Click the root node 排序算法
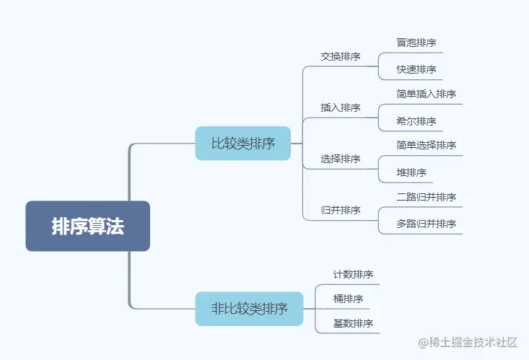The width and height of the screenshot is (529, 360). point(88,226)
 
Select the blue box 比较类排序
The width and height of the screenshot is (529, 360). point(242,143)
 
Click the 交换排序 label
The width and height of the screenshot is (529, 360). point(341,56)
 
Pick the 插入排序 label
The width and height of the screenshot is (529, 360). point(341,107)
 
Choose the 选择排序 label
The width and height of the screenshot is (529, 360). point(341,159)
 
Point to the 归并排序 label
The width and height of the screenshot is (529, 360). point(341,211)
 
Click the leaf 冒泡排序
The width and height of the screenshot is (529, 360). point(416,43)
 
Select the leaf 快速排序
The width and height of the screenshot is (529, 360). point(416,69)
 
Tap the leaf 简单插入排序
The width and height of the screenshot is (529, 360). point(426,94)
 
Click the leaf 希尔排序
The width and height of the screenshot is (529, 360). point(416,120)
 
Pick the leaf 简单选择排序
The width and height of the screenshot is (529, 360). point(426,145)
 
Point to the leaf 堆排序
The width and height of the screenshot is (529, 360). point(411,172)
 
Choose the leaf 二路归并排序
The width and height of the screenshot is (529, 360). point(426,197)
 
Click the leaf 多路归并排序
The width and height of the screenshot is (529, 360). point(426,224)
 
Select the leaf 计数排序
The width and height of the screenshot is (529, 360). point(353,274)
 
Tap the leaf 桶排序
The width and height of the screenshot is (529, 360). point(348,299)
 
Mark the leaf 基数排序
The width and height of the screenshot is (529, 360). point(353,323)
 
